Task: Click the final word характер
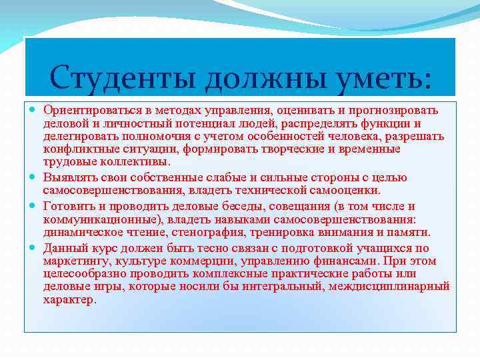click(x=70, y=300)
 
